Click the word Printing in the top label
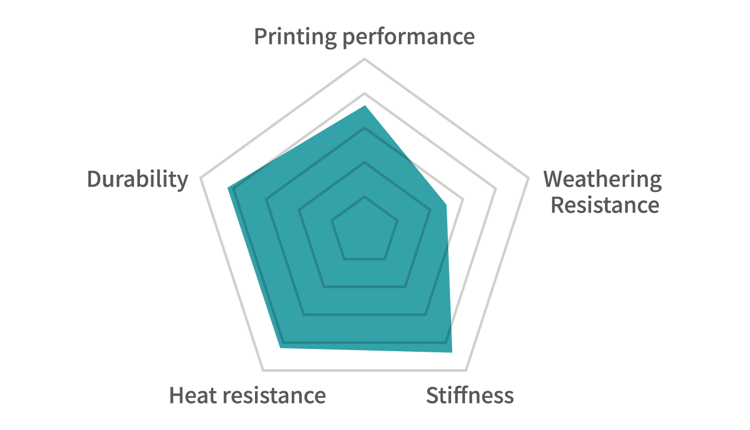[x=296, y=37]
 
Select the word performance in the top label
[x=409, y=38]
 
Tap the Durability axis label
[x=138, y=180]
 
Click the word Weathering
[x=602, y=180]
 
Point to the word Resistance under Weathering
[x=605, y=205]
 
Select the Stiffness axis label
[x=470, y=395]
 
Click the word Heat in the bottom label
[x=193, y=395]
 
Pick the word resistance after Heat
[x=274, y=395]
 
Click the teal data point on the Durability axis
[x=228, y=188]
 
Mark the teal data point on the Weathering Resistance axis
[x=446, y=205]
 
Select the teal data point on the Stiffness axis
[x=452, y=352]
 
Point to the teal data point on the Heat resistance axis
[x=281, y=348]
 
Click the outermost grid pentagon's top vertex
[x=364, y=59]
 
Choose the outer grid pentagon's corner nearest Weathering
[x=528, y=178]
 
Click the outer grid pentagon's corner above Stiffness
[x=466, y=370]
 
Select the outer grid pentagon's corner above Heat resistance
[x=263, y=370]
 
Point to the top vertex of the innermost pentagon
[x=364, y=197]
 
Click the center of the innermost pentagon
[x=364, y=231]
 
